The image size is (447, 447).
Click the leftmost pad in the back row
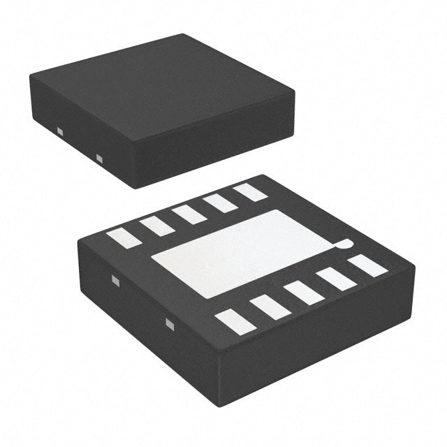(124, 237)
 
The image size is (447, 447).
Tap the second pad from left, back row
(156, 225)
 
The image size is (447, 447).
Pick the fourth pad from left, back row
(220, 203)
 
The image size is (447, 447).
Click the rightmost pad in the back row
(250, 192)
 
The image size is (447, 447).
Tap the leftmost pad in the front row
(234, 320)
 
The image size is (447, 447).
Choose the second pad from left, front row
(270, 306)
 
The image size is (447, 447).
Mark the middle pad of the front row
(304, 292)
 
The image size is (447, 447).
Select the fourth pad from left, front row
(337, 279)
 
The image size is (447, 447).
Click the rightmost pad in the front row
(367, 265)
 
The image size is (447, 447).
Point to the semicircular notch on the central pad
(343, 244)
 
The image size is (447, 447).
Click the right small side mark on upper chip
(98, 157)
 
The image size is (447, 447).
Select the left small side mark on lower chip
(116, 281)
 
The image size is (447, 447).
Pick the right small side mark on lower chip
(168, 323)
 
